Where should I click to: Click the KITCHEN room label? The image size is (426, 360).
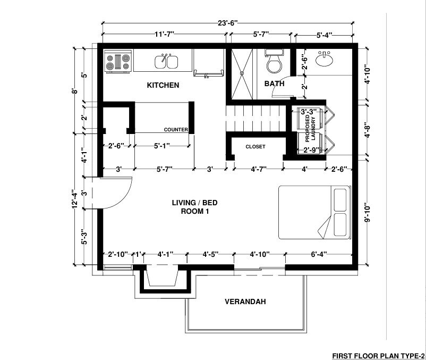coord(163,85)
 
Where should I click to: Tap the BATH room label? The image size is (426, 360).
coord(275,83)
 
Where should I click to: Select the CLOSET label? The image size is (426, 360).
coord(255,147)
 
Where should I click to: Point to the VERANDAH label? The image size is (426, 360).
coord(245,302)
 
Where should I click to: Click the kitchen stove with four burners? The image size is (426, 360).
coord(118,61)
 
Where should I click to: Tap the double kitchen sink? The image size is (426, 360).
coord(166,62)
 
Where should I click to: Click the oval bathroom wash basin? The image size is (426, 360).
coord(325,60)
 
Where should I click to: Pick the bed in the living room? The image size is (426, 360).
coord(314,212)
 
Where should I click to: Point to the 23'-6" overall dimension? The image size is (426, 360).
coord(228,22)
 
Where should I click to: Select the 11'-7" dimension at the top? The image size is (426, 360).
coord(164,35)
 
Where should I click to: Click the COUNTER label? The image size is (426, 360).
coord(176,130)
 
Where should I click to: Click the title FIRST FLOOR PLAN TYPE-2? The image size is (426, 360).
coord(378,355)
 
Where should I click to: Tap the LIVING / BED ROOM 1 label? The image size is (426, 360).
coord(194,207)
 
